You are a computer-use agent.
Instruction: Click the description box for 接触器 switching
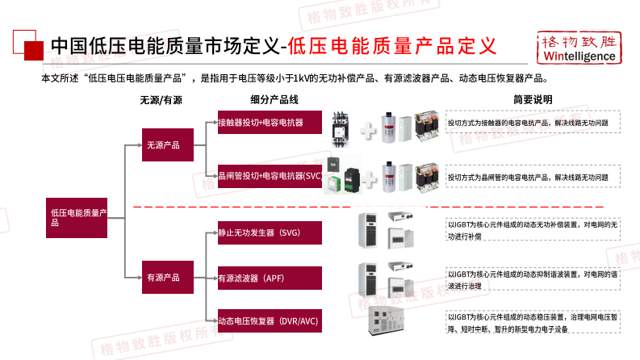pos(533,123)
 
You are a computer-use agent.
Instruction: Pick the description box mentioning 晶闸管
pos(533,176)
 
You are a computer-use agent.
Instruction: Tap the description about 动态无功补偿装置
pos(533,231)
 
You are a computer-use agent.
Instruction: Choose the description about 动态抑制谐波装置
pos(533,279)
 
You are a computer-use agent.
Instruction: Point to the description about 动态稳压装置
pos(533,322)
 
